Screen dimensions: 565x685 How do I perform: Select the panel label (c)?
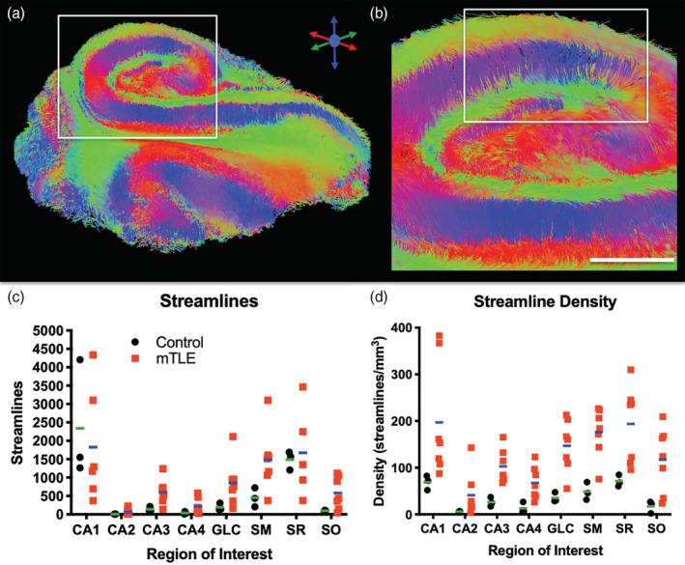tap(15, 297)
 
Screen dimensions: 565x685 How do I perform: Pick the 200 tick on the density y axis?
tap(409, 421)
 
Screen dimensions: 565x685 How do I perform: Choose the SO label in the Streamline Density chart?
tap(657, 529)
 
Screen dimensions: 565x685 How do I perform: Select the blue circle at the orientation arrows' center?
tap(333, 42)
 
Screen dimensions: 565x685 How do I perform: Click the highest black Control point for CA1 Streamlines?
tap(80, 360)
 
